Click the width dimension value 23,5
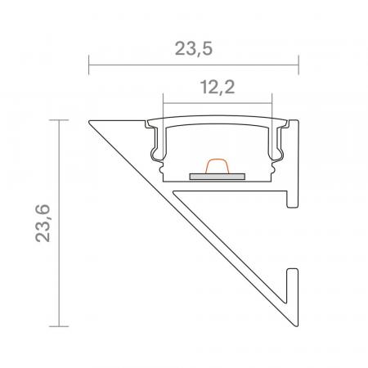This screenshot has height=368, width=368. tap(193, 48)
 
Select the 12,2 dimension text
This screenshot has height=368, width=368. tap(217, 87)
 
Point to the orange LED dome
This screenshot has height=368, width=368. tap(217, 166)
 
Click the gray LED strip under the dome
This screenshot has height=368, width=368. tap(217, 174)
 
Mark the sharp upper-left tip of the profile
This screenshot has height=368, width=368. tap(89, 122)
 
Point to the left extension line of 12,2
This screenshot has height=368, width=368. tap(164, 106)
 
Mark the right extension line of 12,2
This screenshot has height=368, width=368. tap(271, 106)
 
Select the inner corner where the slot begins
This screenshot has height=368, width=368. tap(175, 189)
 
